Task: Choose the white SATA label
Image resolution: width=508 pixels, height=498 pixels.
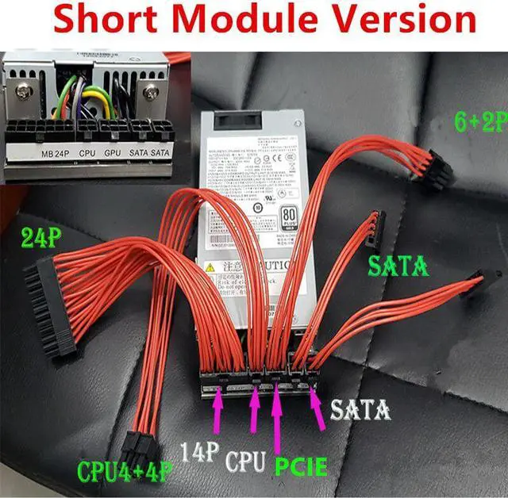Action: [x=360, y=410]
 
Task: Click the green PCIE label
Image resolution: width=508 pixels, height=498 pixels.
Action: [x=301, y=465]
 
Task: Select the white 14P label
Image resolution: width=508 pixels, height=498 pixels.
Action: [x=201, y=453]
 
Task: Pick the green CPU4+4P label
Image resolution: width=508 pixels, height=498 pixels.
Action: [x=125, y=471]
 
